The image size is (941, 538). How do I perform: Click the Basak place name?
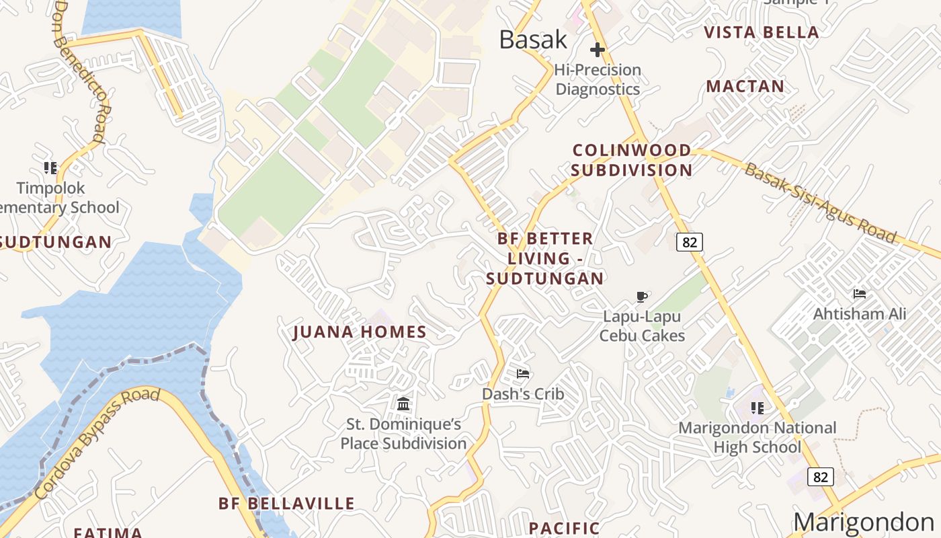533,40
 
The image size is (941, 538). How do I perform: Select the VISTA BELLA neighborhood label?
761,32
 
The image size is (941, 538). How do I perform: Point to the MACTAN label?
745,86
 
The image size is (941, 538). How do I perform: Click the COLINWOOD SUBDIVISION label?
632,160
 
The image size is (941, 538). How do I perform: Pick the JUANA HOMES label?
360,332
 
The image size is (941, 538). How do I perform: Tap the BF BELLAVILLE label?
286,504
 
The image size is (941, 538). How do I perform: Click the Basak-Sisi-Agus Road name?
820,202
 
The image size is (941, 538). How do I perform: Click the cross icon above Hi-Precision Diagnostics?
597,50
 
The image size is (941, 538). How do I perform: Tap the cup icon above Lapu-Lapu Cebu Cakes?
642,297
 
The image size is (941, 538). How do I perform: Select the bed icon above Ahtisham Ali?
859,294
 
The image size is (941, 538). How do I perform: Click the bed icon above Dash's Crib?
523,374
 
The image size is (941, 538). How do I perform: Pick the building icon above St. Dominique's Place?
403,403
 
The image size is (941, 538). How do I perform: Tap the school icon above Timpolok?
50,167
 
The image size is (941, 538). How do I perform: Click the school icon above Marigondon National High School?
758,408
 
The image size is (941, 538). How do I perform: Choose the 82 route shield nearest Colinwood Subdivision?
689,242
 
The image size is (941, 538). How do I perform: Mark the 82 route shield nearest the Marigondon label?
820,477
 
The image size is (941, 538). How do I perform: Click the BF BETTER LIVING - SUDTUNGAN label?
545,258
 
